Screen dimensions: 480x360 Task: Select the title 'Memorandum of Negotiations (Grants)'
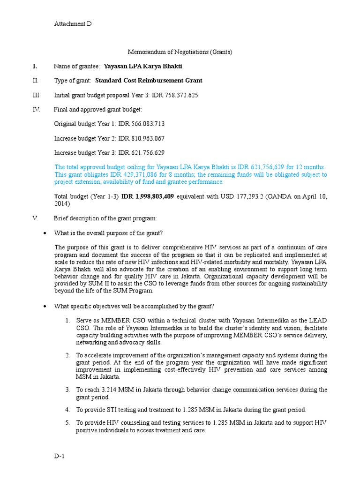point(180,52)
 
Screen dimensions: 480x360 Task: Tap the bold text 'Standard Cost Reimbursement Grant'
point(149,80)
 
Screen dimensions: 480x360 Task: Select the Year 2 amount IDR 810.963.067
point(142,138)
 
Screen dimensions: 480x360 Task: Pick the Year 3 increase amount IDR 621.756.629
point(142,152)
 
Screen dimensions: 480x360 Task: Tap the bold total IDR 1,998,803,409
point(148,196)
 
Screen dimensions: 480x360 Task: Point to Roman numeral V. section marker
point(35,218)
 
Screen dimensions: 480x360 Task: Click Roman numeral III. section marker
point(37,95)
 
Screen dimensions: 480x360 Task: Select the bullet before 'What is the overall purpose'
point(44,233)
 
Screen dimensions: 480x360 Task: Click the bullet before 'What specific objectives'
point(44,306)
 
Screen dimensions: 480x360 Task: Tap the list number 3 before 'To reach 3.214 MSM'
point(68,390)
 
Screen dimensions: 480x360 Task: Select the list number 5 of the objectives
point(68,422)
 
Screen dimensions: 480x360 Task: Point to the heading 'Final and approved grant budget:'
point(97,109)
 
